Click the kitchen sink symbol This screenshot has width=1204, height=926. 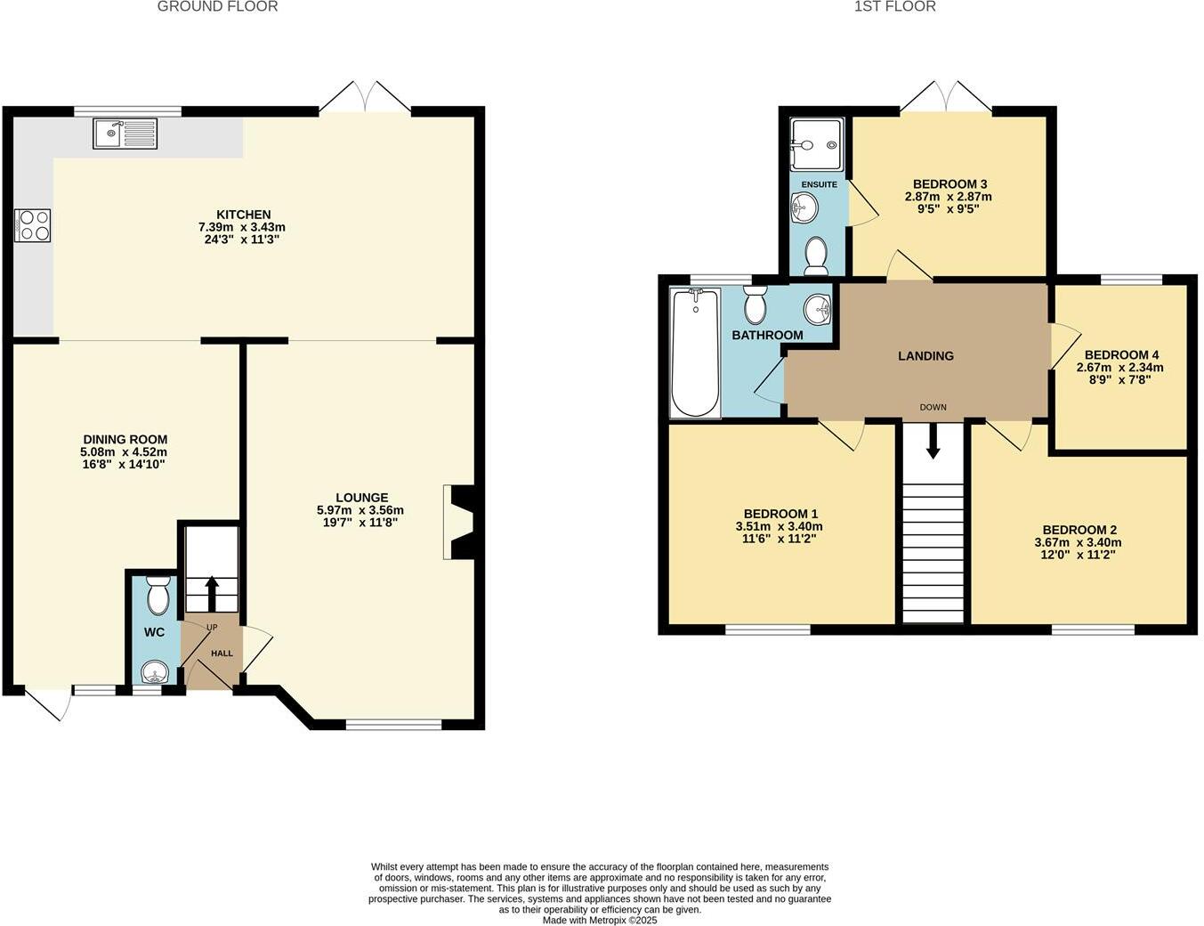pos(125,134)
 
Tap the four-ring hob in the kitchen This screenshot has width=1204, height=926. pos(33,224)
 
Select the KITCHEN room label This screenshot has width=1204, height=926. pos(243,215)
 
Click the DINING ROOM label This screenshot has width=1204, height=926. pos(125,439)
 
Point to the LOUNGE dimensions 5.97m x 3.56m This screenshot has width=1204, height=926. pos(360,510)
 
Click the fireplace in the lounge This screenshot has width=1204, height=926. pos(458,522)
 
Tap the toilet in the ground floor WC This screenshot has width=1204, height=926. pos(158,597)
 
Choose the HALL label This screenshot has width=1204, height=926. pos(222,654)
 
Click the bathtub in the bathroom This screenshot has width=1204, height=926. pos(696,353)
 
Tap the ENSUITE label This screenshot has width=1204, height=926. pos(819,184)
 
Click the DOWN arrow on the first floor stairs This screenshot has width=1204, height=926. pos(933,441)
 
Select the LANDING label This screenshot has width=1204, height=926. pos(925,355)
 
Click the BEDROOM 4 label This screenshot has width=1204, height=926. pos(1120,353)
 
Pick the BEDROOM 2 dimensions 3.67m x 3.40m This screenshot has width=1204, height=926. pos(1077,542)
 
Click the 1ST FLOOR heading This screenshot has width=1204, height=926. pos(894,7)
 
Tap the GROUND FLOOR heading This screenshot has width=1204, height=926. pos(217,7)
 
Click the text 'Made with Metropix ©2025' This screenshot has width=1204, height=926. pos(600,921)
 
